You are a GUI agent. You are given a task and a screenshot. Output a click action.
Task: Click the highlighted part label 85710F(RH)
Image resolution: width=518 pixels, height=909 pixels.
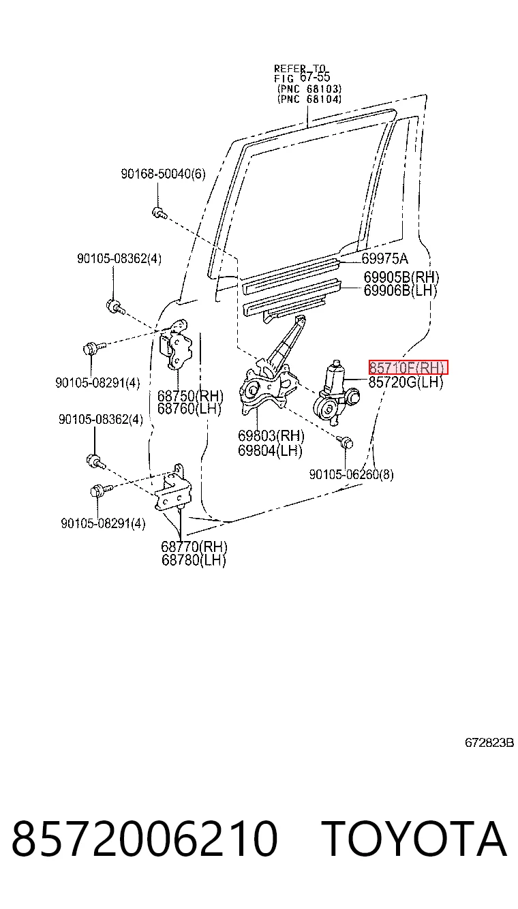click(408, 368)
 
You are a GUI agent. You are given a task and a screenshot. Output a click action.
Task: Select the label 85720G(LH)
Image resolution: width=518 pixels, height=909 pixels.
click(406, 382)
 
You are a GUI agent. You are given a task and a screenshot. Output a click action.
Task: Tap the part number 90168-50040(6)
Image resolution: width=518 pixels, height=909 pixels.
click(163, 174)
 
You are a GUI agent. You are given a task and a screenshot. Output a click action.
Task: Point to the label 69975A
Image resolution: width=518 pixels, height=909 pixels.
click(385, 258)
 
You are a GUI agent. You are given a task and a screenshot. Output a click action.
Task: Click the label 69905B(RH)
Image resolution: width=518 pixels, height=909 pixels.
click(401, 277)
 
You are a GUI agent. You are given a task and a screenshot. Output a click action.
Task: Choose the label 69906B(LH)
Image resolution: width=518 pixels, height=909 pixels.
click(400, 290)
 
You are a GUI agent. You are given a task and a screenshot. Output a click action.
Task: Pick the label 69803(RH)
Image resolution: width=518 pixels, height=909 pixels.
click(271, 436)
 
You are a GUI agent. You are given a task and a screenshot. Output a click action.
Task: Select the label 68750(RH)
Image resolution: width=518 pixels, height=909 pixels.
click(190, 396)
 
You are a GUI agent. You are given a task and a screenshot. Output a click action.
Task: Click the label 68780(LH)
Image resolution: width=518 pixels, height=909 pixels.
click(194, 560)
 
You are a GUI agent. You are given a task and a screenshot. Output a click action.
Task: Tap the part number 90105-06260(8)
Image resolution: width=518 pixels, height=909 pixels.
click(351, 474)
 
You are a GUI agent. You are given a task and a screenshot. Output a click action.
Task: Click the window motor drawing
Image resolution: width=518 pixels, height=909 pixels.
click(335, 393)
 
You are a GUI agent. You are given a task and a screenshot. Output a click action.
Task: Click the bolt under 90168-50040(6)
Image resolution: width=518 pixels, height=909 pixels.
click(159, 213)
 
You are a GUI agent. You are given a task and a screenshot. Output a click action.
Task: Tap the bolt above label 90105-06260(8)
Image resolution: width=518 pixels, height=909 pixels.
click(345, 442)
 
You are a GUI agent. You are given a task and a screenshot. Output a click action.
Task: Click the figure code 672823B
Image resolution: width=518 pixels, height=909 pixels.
click(489, 743)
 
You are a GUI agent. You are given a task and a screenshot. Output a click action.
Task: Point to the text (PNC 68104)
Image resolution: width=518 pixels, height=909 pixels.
click(309, 99)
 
